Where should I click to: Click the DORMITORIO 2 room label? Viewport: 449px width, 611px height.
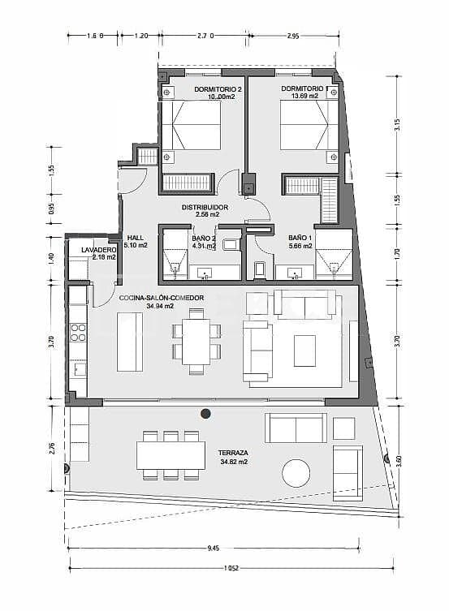(x=218, y=88)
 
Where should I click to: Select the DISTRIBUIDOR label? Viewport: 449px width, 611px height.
(x=205, y=207)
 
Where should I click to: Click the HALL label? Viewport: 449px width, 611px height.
(x=136, y=237)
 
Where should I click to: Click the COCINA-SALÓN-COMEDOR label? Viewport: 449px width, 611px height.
(x=161, y=298)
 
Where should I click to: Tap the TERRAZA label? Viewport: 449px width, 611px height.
(x=233, y=453)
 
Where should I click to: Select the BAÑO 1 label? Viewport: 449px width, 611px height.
(x=299, y=238)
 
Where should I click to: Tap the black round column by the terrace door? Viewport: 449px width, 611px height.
(x=205, y=414)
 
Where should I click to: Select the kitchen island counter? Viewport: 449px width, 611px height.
(x=129, y=341)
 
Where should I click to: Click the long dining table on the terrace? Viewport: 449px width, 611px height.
(x=171, y=454)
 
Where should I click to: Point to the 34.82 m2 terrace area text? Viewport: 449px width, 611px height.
(x=233, y=463)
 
